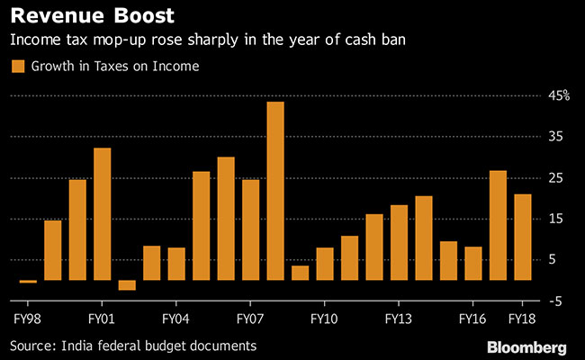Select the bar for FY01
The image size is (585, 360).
(102, 214)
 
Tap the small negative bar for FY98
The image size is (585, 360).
(28, 282)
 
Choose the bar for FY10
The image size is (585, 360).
(325, 264)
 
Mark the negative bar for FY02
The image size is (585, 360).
(127, 285)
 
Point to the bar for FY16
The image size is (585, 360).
(473, 263)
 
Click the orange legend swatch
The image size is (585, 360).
(16, 66)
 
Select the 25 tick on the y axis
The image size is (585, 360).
(559, 177)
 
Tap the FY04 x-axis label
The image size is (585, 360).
(175, 319)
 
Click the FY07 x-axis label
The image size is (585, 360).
(249, 319)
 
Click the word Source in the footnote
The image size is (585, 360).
(31, 346)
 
